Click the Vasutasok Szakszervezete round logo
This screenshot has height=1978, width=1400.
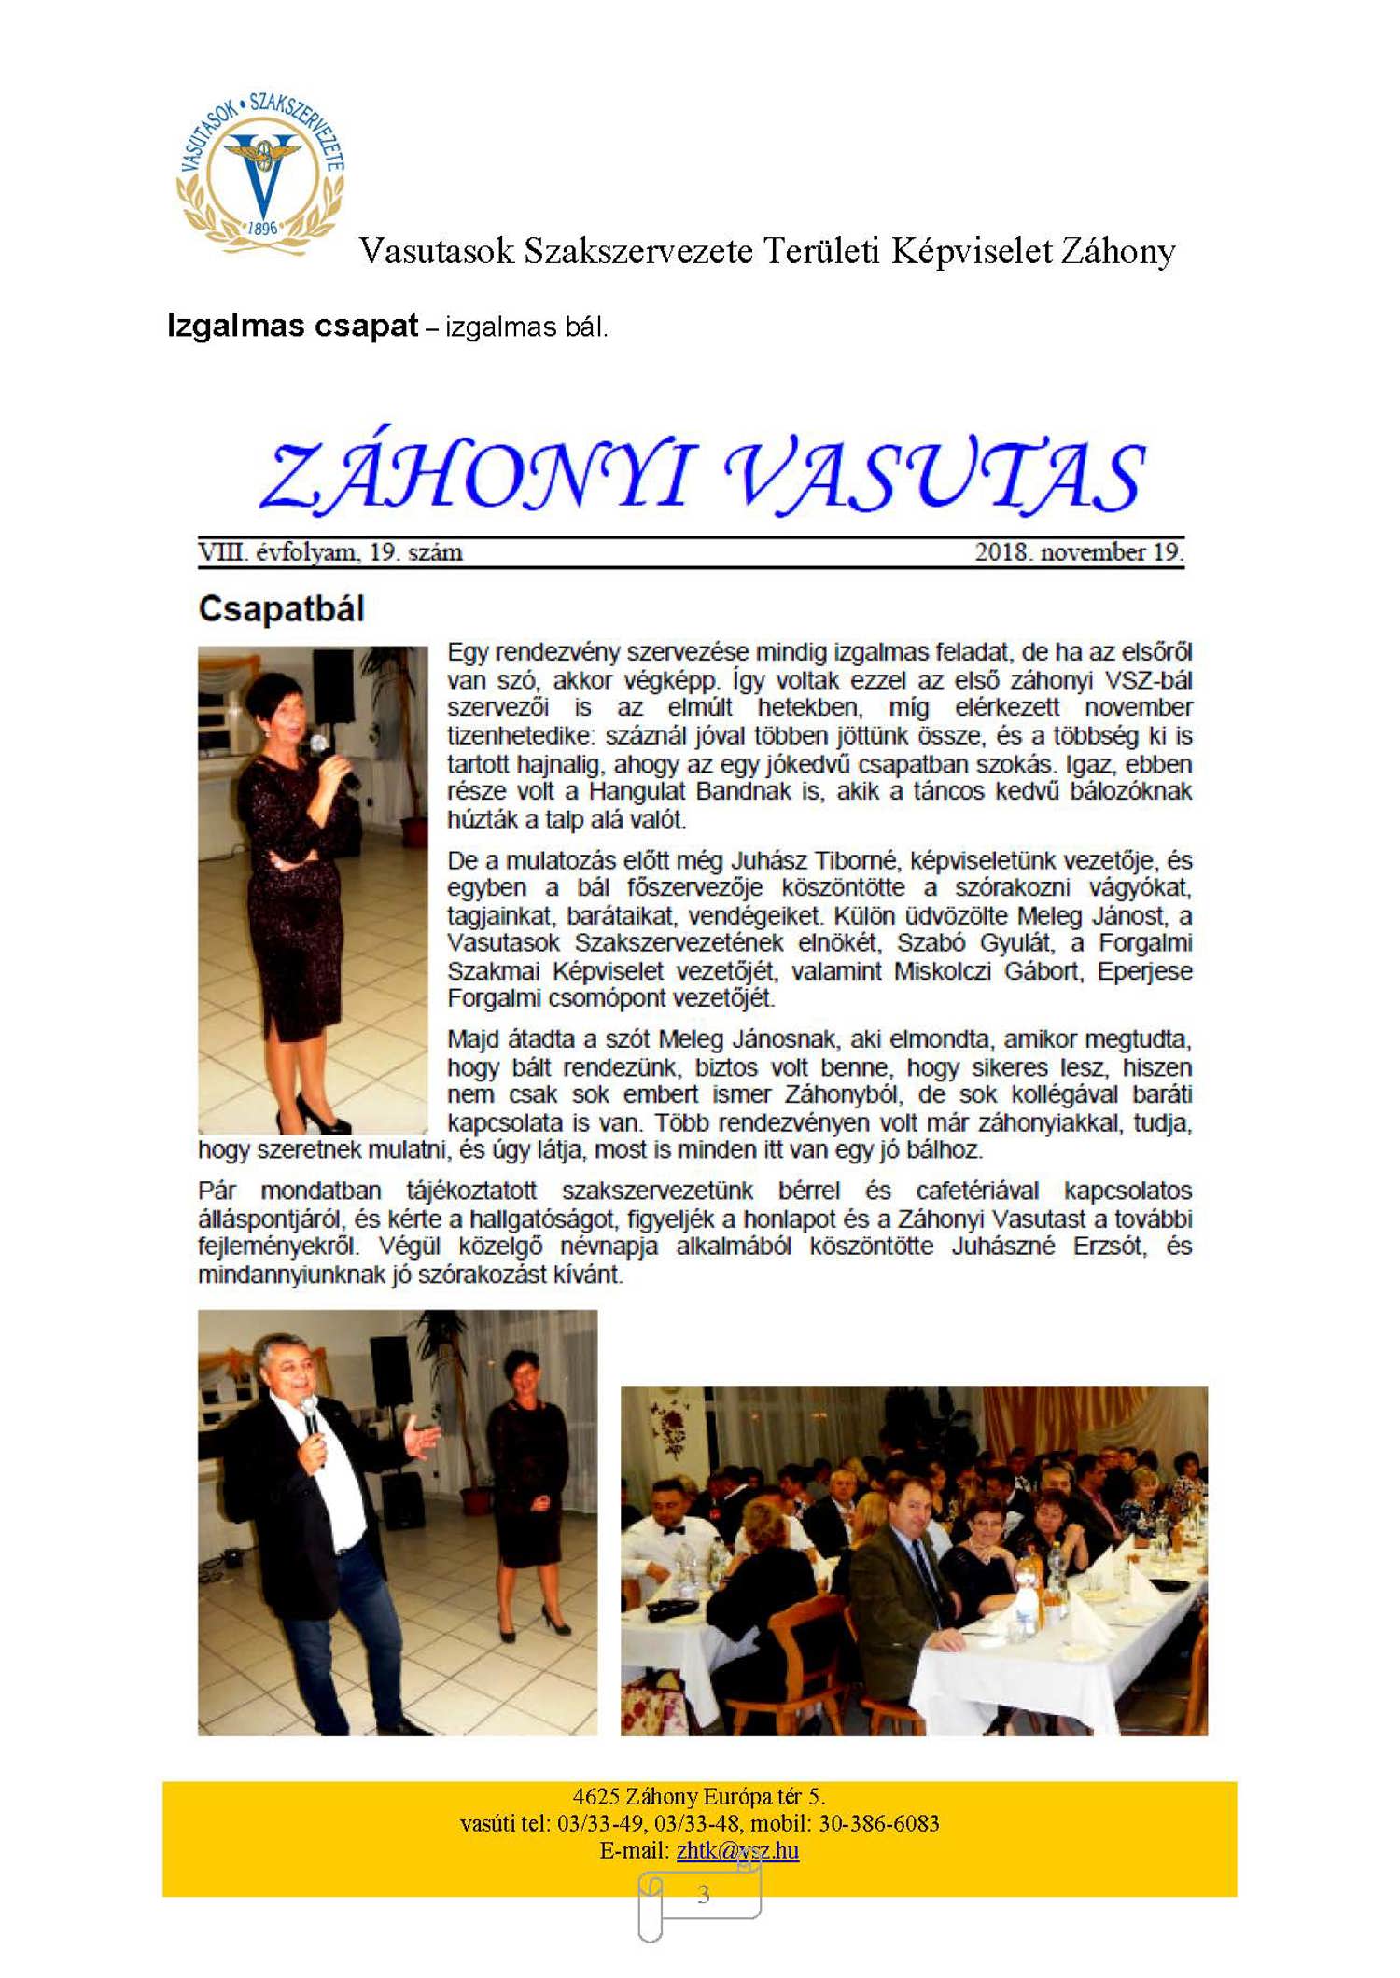(261, 173)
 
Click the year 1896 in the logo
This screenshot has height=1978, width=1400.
(263, 229)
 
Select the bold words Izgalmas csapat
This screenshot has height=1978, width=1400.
(292, 327)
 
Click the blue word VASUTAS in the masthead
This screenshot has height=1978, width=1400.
(933, 476)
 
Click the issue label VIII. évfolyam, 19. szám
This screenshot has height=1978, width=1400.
(330, 552)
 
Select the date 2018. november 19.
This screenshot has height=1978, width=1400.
(1078, 552)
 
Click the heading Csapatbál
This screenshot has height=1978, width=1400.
(281, 609)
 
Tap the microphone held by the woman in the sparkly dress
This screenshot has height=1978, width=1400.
(321, 745)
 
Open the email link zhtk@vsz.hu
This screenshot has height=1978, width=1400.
(737, 1850)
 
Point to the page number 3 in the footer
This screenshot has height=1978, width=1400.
(703, 1894)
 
